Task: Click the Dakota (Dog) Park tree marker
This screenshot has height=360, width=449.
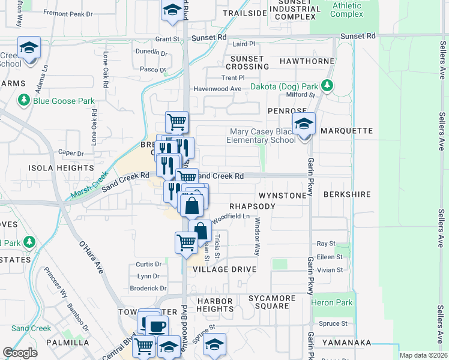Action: point(327,86)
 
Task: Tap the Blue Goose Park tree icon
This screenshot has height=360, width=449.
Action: point(24,101)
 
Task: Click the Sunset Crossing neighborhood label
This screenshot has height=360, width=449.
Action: point(247,62)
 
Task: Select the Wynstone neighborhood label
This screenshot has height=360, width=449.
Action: point(282,196)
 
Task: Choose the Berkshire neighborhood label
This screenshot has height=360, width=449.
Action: point(346,196)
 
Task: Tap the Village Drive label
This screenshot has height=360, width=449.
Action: point(224,270)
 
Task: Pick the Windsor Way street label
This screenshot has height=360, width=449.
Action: point(257,240)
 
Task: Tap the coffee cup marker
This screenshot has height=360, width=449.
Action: point(157,327)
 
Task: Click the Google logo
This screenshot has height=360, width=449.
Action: point(20,353)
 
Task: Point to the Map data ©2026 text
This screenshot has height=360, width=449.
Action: point(423,355)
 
